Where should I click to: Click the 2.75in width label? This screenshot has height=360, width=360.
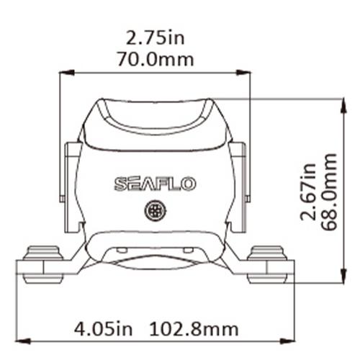coord(158,36)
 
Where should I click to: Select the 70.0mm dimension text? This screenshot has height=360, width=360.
coord(158,59)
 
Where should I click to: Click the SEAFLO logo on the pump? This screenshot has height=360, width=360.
coord(154,184)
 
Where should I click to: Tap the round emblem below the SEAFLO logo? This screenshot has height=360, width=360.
coord(154,211)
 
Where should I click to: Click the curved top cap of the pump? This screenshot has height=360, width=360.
coord(154,115)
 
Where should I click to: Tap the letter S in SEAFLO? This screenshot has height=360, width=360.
coord(120,184)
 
